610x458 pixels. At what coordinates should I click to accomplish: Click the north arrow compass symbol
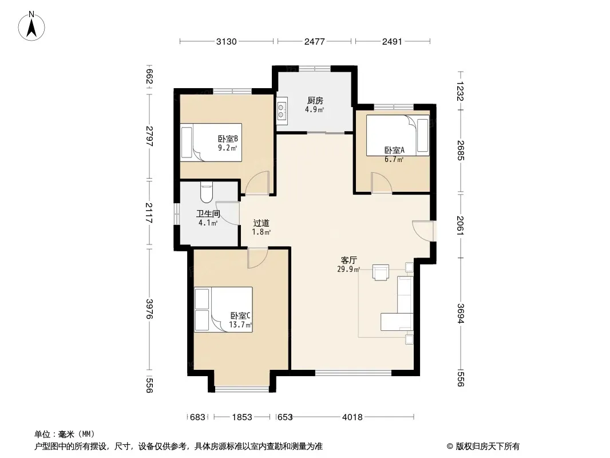pyautogui.click(x=31, y=26)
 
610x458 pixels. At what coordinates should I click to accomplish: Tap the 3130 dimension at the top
pyautogui.click(x=227, y=42)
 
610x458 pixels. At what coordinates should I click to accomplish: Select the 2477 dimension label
pyautogui.click(x=314, y=42)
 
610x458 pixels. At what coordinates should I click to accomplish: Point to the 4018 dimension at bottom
pyautogui.click(x=352, y=417)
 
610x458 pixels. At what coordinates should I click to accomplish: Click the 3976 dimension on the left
pyautogui.click(x=149, y=309)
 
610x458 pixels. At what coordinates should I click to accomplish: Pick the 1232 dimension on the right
pyautogui.click(x=460, y=91)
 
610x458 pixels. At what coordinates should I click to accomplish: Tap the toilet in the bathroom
pyautogui.click(x=206, y=192)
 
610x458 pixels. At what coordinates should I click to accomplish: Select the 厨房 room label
pyautogui.click(x=315, y=101)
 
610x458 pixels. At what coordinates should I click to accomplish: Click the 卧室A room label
pyautogui.click(x=394, y=150)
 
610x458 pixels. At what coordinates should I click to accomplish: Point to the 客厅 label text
pyautogui.click(x=348, y=260)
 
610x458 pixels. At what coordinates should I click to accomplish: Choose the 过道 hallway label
pyautogui.click(x=261, y=223)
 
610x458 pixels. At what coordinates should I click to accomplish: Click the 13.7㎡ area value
pyautogui.click(x=240, y=325)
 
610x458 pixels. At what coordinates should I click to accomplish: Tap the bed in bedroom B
pyautogui.click(x=211, y=143)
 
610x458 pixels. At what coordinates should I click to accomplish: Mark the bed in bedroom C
pyautogui.click(x=223, y=310)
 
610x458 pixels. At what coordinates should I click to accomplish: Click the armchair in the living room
pyautogui.click(x=381, y=272)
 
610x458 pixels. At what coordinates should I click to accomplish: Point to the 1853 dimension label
pyautogui.click(x=242, y=417)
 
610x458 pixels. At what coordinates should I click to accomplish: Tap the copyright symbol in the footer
pyautogui.click(x=450, y=447)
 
